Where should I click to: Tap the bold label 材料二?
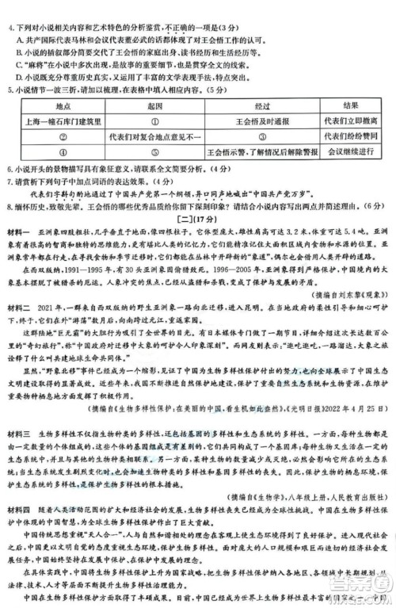click(x=23, y=329)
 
